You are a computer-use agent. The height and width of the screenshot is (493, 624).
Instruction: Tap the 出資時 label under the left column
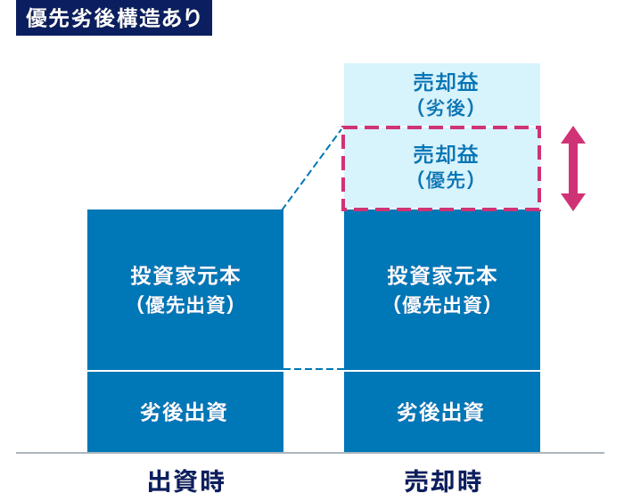(x=185, y=481)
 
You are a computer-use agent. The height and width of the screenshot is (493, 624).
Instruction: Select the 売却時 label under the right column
(x=442, y=481)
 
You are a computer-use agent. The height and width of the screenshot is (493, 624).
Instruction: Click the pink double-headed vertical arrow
(x=573, y=168)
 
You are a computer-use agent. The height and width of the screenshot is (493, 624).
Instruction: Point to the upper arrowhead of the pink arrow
(x=573, y=135)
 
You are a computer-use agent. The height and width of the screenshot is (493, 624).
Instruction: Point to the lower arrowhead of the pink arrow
(x=573, y=201)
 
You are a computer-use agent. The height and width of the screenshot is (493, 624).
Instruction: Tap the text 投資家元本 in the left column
(x=185, y=275)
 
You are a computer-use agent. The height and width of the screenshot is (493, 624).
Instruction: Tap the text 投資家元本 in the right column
(x=442, y=275)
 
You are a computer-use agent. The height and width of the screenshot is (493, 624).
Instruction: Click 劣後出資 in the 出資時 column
(x=185, y=412)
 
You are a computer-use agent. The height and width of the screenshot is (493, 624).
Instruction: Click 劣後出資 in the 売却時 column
(x=442, y=412)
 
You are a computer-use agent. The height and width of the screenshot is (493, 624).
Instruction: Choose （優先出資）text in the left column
(x=185, y=305)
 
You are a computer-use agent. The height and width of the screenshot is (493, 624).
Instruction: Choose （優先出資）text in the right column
(x=442, y=305)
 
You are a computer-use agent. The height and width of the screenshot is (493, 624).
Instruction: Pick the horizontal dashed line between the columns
(x=313, y=369)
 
